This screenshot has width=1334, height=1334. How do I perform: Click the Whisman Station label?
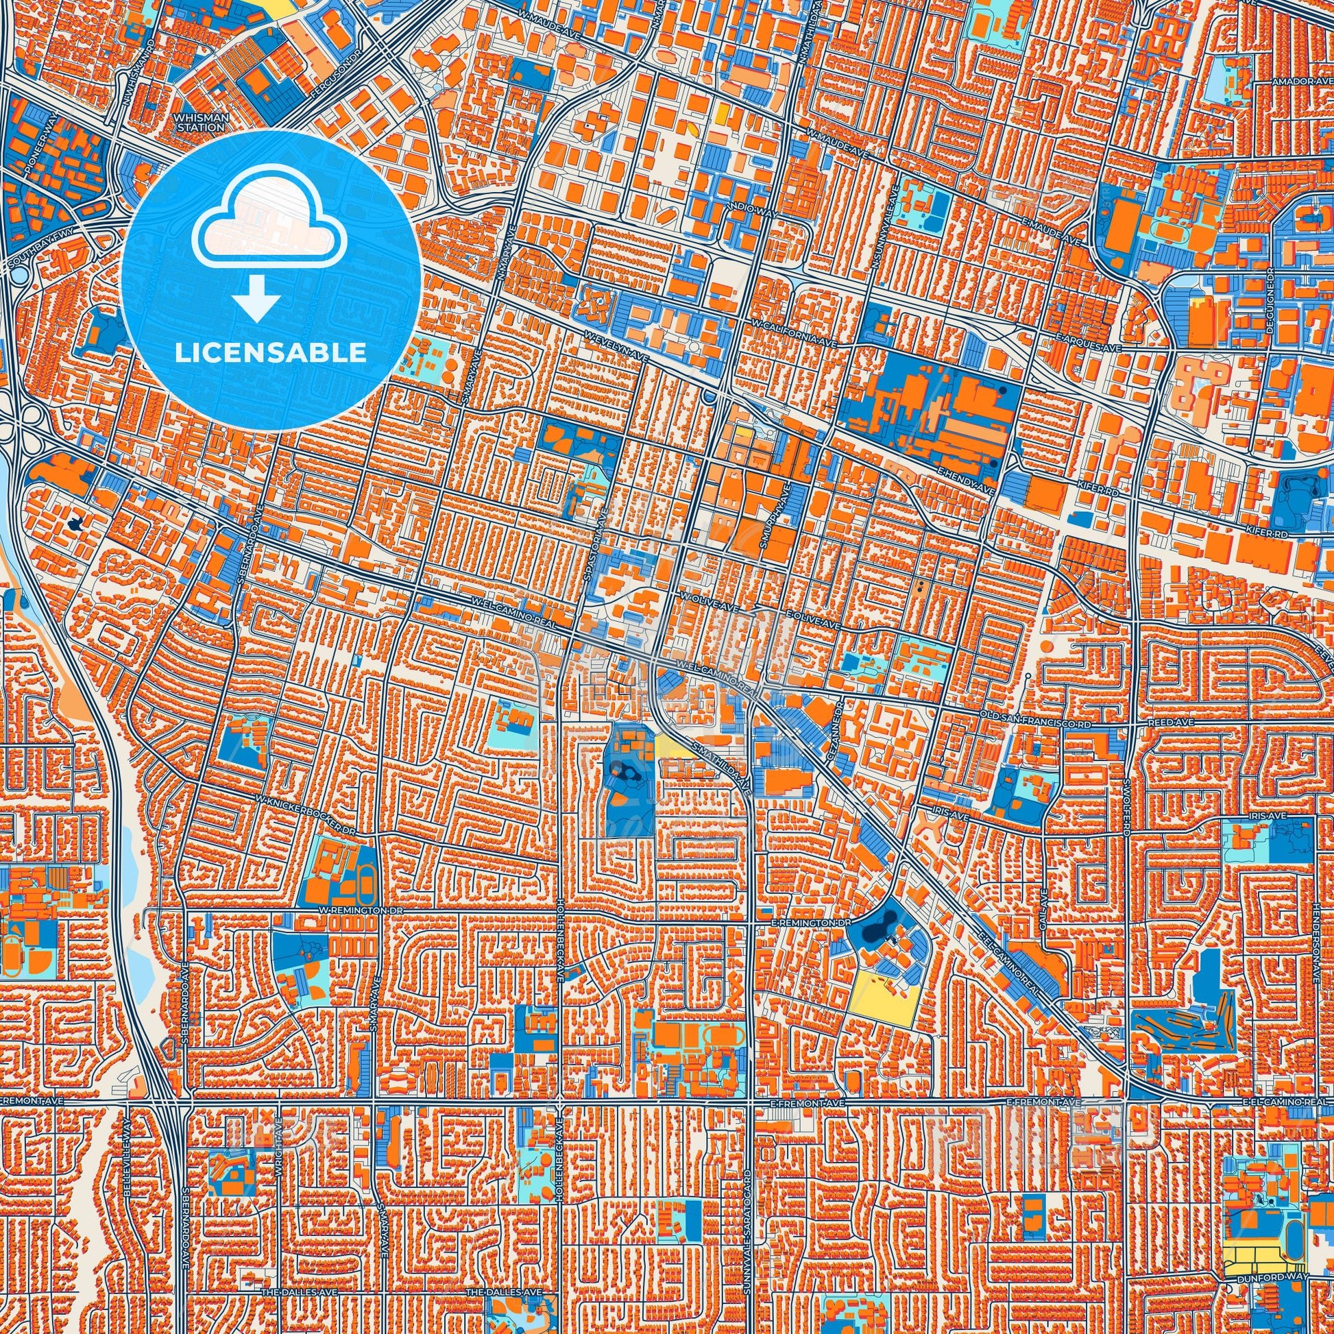point(202,122)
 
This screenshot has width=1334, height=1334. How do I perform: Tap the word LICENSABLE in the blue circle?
point(271,353)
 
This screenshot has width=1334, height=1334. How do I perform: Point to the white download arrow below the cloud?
point(256,298)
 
